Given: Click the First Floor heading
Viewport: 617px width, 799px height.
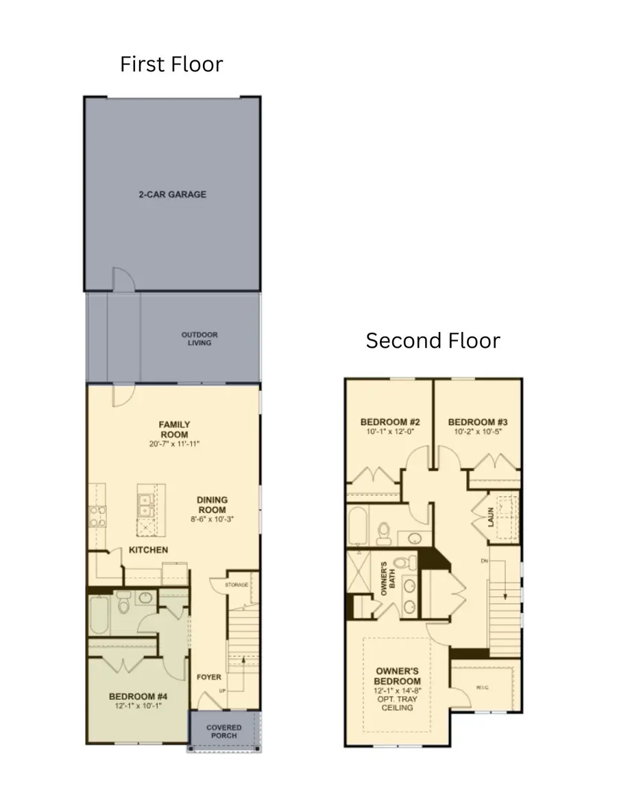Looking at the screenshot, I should point(171,64).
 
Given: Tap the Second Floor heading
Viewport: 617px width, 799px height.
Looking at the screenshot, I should point(433,340).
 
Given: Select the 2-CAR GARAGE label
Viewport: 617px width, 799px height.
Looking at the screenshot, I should point(173,195).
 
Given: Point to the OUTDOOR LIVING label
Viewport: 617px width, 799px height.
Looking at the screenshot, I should point(199,339).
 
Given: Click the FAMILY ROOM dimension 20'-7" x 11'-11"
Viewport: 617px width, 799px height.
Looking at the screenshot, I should point(175,444).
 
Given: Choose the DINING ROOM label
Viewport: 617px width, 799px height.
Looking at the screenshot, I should point(213,505).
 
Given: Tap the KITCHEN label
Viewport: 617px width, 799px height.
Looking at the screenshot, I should point(148,550).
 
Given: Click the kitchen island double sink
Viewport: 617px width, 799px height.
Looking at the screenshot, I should point(145,506).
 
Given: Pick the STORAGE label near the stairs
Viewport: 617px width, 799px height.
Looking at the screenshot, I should point(237,585).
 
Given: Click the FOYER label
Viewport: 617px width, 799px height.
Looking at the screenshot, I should point(209,678).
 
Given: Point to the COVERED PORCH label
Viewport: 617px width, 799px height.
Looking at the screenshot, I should point(223,732).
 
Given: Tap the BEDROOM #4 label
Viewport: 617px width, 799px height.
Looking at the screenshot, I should point(138,697).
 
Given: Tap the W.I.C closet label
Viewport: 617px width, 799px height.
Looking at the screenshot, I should point(483,688).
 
